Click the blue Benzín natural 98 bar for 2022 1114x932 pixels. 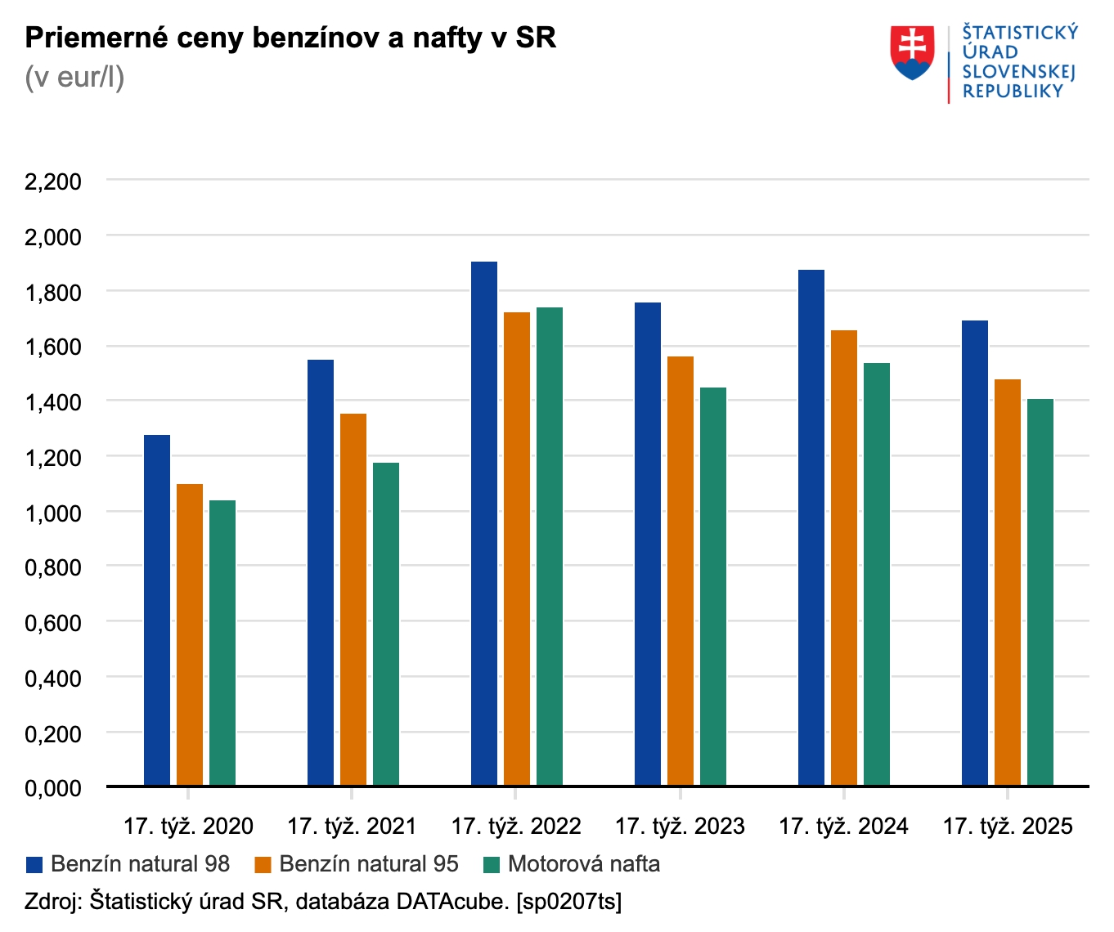click(484, 523)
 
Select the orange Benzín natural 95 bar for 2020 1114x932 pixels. click(190, 634)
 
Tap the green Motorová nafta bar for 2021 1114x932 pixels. click(386, 624)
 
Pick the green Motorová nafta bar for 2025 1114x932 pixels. click(1040, 592)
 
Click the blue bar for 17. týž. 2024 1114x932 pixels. click(811, 527)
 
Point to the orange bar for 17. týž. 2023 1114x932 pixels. click(681, 571)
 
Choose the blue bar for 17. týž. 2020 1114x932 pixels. click(157, 610)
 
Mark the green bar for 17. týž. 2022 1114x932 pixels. click(550, 546)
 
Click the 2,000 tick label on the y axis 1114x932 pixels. click(53, 237)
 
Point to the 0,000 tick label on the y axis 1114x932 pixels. click(53, 788)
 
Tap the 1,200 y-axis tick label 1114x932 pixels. click(53, 458)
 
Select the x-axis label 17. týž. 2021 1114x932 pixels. click(352, 827)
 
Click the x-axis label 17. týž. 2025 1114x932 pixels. click(1008, 827)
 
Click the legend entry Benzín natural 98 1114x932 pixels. click(140, 864)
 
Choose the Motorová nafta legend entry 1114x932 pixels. click(583, 864)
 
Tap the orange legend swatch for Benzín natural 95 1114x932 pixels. click(263, 865)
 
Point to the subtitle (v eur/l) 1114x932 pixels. click(74, 78)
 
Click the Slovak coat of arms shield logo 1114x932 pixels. click(912, 52)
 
